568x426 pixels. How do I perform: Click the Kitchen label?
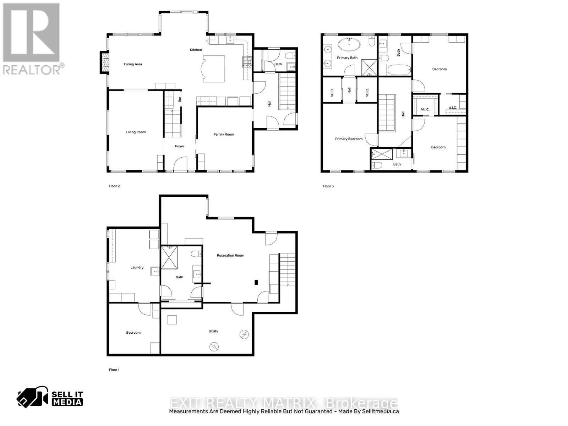pos(196,50)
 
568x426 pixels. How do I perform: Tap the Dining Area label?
pos(133,64)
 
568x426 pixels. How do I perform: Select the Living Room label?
pos(136,132)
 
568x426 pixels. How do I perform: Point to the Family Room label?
pos(224,134)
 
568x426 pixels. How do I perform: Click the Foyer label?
pos(180,146)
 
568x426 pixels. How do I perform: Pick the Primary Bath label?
pos(347,58)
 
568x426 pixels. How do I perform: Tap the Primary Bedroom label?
pos(349,139)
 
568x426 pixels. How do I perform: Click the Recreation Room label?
pos(230,255)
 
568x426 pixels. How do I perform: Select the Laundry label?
pos(137,267)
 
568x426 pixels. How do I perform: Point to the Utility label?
pos(213,331)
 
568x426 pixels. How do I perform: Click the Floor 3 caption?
pos(328,186)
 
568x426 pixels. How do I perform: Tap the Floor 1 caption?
pos(114,370)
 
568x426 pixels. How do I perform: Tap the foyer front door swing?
pos(180,164)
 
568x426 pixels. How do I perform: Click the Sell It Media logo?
pos(50,398)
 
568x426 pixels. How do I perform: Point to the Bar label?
pos(180,99)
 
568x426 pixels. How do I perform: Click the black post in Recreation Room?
pos(256,283)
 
